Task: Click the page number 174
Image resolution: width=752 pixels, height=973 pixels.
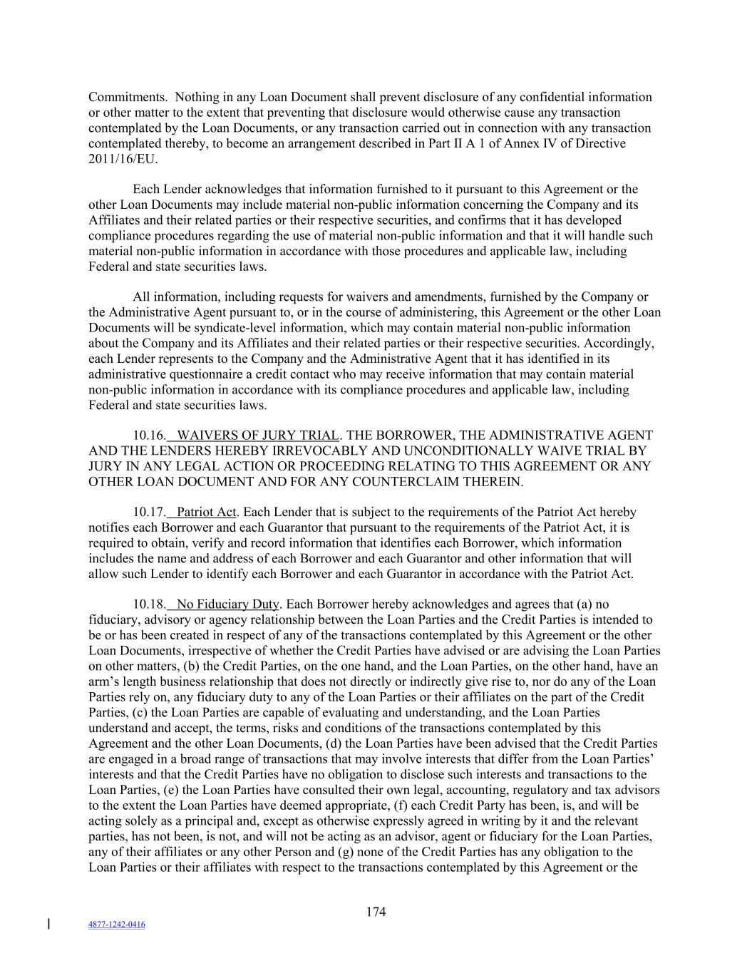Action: (376, 912)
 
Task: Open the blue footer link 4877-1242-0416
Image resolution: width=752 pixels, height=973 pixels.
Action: (116, 925)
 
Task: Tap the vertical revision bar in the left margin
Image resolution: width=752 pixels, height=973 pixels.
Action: (48, 925)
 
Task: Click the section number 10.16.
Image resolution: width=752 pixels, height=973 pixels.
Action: (149, 436)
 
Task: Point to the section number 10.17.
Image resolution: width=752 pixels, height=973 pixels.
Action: (149, 513)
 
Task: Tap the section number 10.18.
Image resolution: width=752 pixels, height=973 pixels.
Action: (149, 605)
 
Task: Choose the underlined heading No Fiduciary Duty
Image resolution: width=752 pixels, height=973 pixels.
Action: (227, 605)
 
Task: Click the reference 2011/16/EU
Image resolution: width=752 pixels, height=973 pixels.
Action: (122, 159)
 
